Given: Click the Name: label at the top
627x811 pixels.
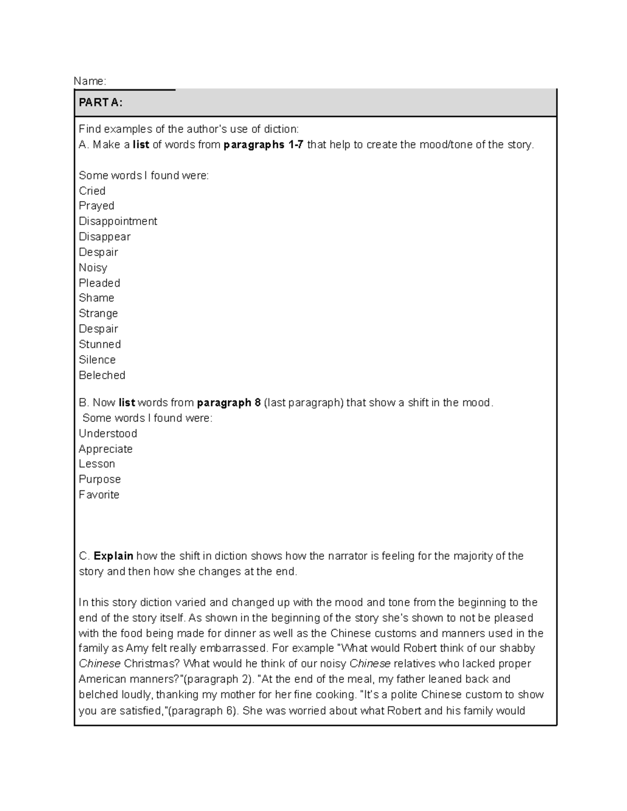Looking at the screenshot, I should click(x=90, y=81).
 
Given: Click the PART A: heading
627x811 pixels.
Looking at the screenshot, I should click(x=100, y=103).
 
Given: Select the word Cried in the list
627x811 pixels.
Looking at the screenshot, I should click(x=92, y=191).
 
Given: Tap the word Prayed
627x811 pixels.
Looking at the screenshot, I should click(x=96, y=206).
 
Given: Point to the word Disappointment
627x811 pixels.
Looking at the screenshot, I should click(x=118, y=221).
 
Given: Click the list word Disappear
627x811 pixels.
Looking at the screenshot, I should click(x=104, y=237).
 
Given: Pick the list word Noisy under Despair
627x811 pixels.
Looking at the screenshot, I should click(x=93, y=267).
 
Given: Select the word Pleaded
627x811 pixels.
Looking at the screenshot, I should click(x=99, y=283).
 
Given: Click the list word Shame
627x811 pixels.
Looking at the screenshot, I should click(x=96, y=298).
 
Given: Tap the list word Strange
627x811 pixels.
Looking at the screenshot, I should click(x=98, y=313).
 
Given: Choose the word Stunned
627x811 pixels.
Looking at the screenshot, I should click(x=100, y=344).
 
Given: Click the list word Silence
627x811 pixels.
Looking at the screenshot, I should click(x=97, y=360).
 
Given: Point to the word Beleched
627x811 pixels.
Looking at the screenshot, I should click(x=102, y=375).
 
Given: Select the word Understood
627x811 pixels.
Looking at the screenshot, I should click(x=108, y=433).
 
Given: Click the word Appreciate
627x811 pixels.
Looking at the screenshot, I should click(x=106, y=449).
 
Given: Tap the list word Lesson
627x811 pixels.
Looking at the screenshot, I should click(x=97, y=464).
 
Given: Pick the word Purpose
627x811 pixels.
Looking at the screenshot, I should click(x=100, y=479).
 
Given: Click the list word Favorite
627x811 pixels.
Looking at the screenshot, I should click(x=99, y=495).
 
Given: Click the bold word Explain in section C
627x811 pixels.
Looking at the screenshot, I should click(x=113, y=556).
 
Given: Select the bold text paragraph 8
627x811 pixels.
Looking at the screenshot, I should click(x=228, y=403).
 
